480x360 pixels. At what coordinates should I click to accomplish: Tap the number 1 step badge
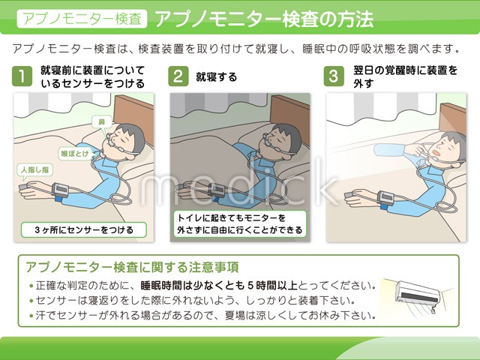point(25,77)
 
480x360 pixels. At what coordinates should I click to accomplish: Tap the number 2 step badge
point(178,76)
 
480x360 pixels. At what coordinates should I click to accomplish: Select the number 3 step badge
point(334,76)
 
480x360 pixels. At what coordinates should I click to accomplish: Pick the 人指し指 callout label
point(35,170)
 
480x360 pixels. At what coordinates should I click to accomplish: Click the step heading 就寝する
point(216,76)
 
